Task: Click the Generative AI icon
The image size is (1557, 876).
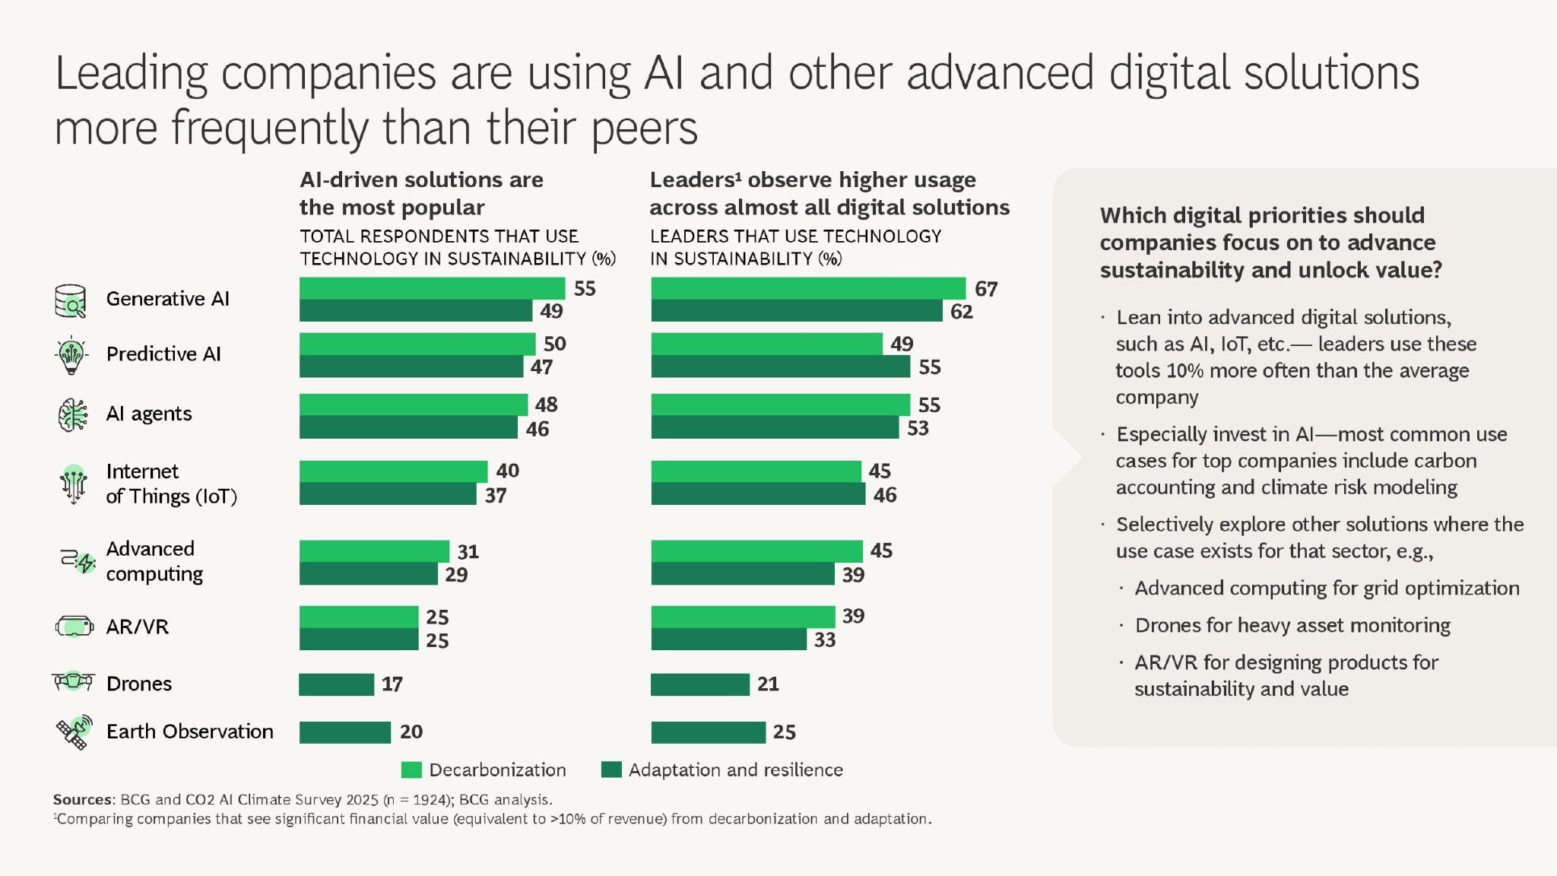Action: pos(71,301)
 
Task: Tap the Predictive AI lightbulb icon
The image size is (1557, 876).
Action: pos(71,354)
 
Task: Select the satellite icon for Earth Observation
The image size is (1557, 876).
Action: pos(74,732)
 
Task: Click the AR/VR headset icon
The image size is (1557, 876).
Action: pos(74,627)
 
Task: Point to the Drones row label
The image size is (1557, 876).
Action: pos(139,684)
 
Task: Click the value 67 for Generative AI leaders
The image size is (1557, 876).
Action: pos(985,289)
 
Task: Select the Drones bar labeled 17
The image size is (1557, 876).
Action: pos(337,684)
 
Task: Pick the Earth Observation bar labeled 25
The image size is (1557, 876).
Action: pos(708,732)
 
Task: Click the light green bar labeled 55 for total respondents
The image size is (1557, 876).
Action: pos(432,288)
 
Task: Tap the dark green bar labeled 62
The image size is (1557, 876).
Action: pos(796,311)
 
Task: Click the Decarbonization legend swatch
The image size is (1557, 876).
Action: pos(411,770)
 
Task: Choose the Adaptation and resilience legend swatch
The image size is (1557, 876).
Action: pos(611,770)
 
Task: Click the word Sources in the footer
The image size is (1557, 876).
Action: pos(82,799)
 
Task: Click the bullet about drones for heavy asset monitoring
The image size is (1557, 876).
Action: pos(1292,625)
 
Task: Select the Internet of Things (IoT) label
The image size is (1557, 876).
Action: pos(171,484)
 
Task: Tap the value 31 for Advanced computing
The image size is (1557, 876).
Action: pos(468,551)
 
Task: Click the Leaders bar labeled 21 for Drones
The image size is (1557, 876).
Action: pos(699,684)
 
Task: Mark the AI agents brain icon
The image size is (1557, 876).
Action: pos(73,414)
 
